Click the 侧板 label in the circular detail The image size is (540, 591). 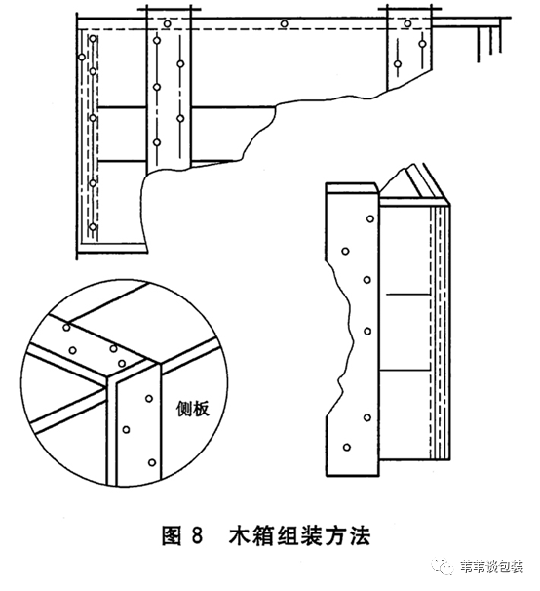tap(193, 409)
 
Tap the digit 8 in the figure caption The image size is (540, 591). tap(197, 535)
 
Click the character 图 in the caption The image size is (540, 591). tap(172, 535)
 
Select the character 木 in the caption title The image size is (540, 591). tap(240, 535)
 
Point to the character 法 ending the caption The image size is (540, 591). tap(359, 535)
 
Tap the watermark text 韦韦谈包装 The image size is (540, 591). tap(491, 567)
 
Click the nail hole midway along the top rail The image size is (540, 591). tap(284, 24)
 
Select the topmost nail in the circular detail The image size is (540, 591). tap(66, 327)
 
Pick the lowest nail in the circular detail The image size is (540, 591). tap(152, 462)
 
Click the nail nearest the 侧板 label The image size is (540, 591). tap(149, 399)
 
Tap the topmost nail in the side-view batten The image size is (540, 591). tap(370, 218)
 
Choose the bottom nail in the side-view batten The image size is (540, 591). tap(347, 448)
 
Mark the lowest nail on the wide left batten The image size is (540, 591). tap(157, 142)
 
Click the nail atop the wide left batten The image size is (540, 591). tap(167, 24)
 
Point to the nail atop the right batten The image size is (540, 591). tap(407, 23)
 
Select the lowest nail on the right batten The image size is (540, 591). tap(398, 64)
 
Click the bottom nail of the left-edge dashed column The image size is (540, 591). tap(93, 227)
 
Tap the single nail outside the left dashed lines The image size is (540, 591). tap(82, 58)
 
